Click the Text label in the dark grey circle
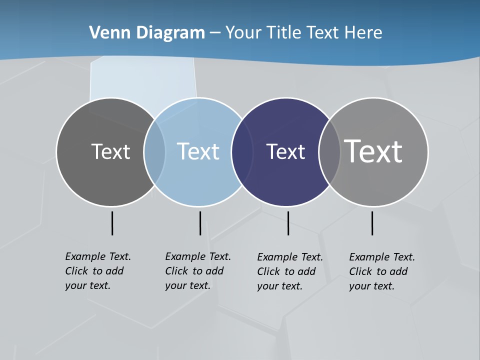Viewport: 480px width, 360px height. coord(110,151)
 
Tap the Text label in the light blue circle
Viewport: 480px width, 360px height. coord(198,151)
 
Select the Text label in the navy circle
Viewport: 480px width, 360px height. coord(285,151)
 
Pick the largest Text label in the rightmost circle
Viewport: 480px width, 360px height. coord(373,151)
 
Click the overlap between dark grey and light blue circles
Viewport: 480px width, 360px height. coord(154,151)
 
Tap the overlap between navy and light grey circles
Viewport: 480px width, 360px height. coord(329,151)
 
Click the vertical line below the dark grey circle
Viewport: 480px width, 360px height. coord(112,223)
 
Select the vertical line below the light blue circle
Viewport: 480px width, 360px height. coord(200,223)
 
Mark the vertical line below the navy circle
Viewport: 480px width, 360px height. coord(288,223)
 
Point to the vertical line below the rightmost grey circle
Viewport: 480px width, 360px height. coord(372,223)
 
